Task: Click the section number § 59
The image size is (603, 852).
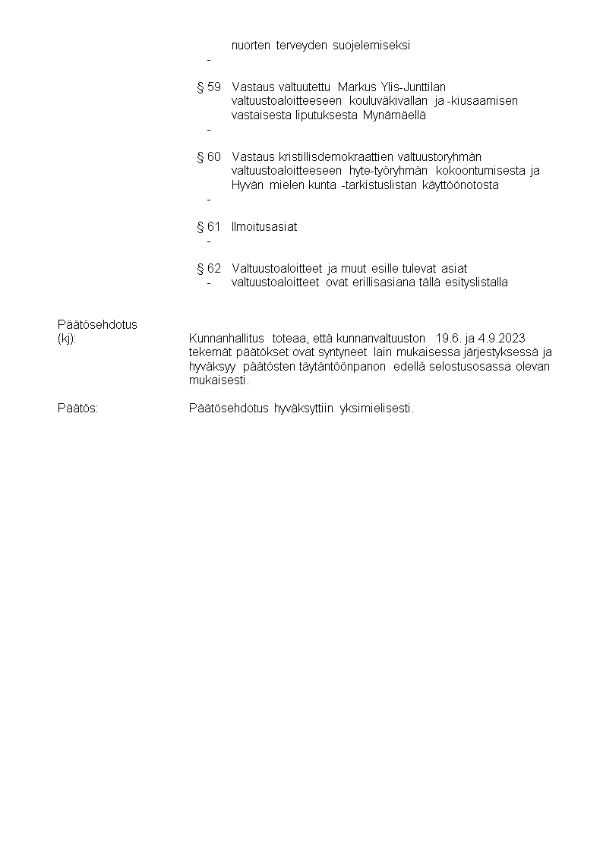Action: click(208, 87)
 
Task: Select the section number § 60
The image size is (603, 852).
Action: click(208, 157)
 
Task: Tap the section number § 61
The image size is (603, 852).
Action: click(208, 227)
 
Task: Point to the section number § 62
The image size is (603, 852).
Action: click(208, 269)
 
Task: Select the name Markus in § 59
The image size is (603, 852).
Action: click(357, 87)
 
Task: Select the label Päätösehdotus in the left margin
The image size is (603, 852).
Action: click(97, 325)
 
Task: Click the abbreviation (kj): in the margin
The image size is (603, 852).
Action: click(67, 339)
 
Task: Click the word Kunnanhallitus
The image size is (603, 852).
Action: click(226, 339)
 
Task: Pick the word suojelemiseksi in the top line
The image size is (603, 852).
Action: click(371, 46)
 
